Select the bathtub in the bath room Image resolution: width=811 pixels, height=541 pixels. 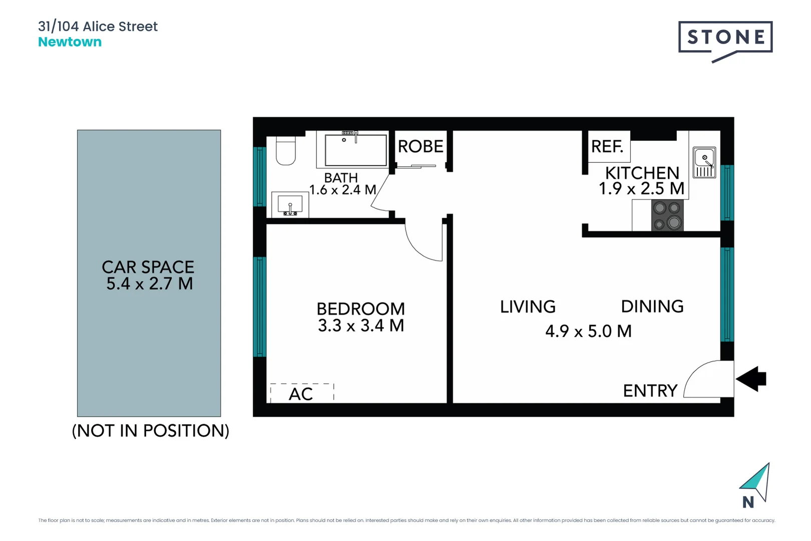(355, 150)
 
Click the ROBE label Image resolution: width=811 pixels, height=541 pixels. (421, 147)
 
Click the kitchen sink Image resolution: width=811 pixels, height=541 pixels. (704, 162)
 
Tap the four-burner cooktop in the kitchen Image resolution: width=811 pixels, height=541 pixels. (667, 215)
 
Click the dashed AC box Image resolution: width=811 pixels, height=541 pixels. (302, 393)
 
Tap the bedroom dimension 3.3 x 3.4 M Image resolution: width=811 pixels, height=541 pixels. (361, 326)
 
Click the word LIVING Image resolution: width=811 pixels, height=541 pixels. (528, 307)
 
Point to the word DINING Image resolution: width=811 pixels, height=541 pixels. (652, 307)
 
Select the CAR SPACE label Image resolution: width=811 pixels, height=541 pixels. (148, 267)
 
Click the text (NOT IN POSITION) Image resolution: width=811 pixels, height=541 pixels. (150, 431)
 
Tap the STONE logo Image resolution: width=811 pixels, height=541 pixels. (725, 38)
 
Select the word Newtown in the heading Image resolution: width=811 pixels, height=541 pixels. (70, 42)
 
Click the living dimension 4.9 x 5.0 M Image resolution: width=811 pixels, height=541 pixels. (588, 331)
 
